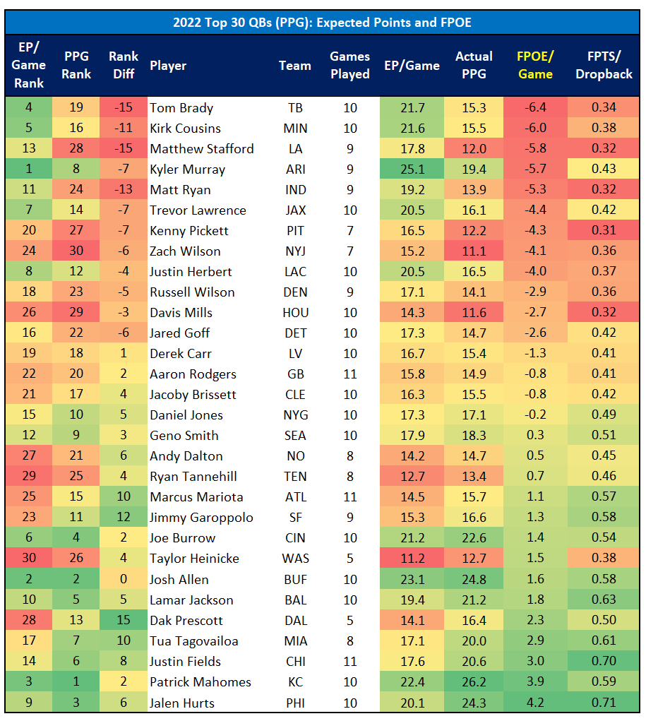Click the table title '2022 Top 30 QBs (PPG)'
click(322, 23)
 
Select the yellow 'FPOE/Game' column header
click(535, 65)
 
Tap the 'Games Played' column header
click(350, 65)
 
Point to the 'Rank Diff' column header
click(124, 65)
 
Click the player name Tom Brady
click(181, 108)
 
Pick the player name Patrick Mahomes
click(201, 682)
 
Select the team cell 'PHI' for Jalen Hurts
click(294, 703)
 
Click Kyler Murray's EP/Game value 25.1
click(412, 169)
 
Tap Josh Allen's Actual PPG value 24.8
click(473, 580)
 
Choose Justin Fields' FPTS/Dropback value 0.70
click(604, 662)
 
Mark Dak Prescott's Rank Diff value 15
click(124, 621)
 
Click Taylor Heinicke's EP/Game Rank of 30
click(29, 559)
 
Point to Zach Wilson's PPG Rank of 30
click(76, 251)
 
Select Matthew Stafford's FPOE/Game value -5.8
click(535, 149)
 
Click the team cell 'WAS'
click(294, 559)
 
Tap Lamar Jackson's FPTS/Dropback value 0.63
click(604, 600)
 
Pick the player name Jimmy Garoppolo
click(201, 518)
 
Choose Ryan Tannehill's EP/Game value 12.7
click(412, 477)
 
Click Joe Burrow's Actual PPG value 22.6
click(473, 538)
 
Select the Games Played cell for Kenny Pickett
click(350, 231)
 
